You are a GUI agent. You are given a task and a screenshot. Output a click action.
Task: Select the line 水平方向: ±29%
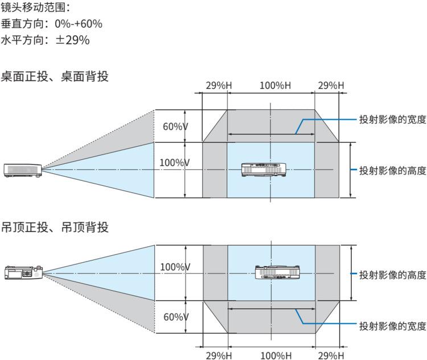(45, 40)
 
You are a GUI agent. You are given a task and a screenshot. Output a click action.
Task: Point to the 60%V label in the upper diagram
(175, 126)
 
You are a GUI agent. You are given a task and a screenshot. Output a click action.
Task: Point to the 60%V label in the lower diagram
(176, 317)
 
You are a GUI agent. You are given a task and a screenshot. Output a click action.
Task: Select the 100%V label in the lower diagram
(175, 267)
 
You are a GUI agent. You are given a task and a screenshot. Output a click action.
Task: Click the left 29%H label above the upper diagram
(219, 85)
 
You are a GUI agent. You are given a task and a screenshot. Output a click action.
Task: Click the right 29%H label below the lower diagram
(331, 355)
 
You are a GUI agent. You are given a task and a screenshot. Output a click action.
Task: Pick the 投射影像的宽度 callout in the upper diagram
(392, 119)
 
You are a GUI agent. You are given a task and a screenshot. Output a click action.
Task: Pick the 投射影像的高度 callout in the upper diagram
(392, 170)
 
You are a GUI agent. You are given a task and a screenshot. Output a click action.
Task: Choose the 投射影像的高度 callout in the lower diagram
(392, 275)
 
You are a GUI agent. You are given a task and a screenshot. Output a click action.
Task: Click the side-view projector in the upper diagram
(23, 169)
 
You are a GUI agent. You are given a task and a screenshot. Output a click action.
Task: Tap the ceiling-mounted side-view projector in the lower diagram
(23, 272)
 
